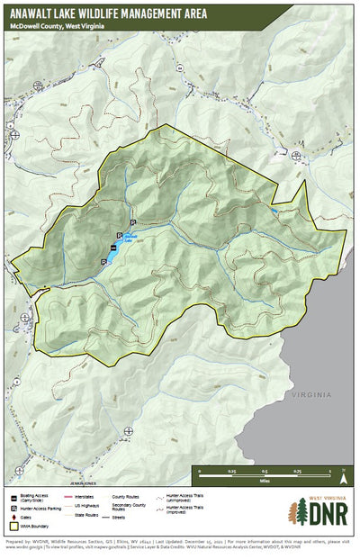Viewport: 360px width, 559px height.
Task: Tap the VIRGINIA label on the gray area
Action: (x=311, y=394)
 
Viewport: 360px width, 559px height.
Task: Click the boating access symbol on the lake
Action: (x=113, y=248)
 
